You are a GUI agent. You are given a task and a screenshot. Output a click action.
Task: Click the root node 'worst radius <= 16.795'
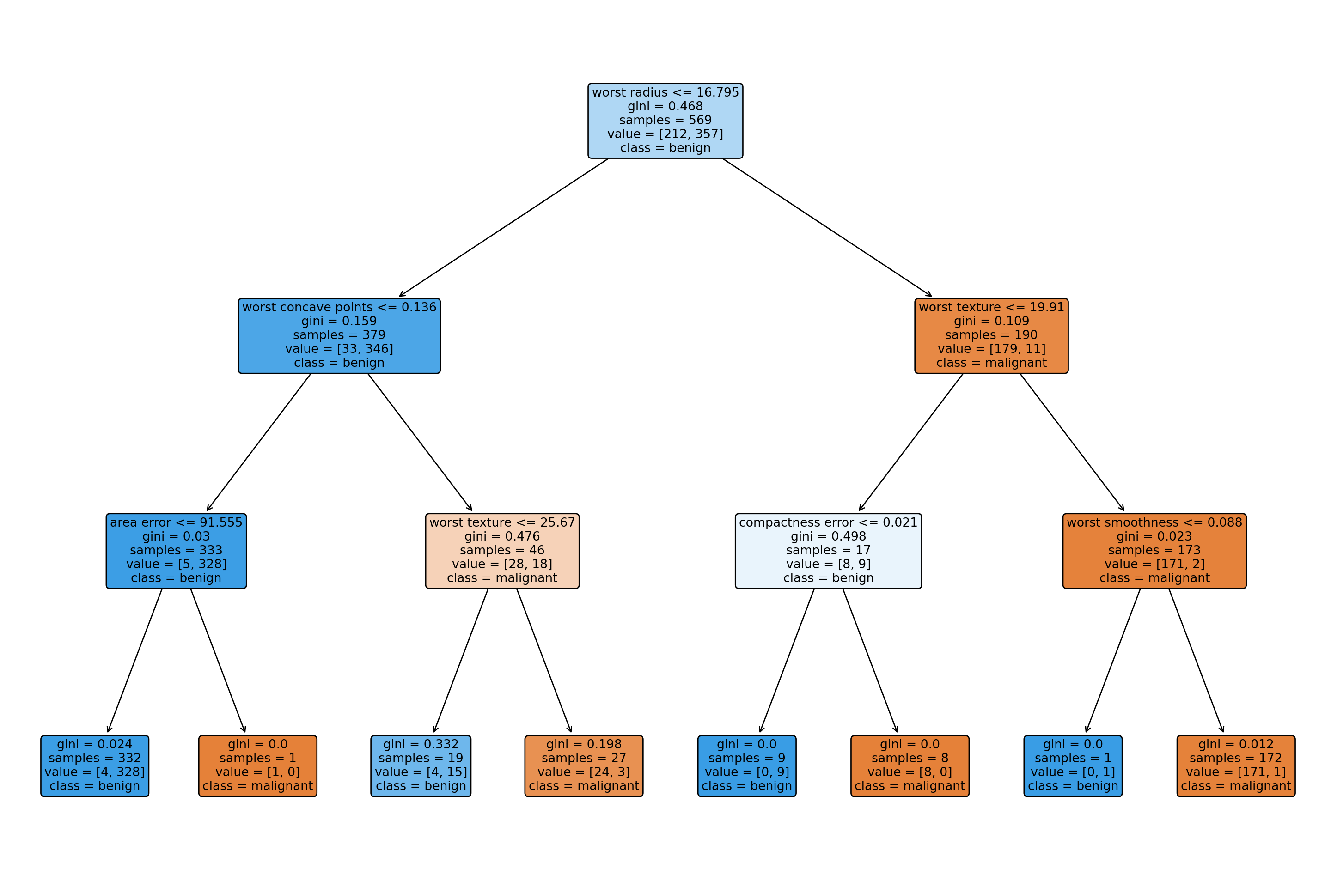pos(665,121)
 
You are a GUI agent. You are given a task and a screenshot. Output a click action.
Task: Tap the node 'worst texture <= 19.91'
pos(991,335)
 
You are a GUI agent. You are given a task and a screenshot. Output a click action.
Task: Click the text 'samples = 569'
pos(665,120)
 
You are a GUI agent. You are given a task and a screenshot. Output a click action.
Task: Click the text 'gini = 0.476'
pos(502,536)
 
